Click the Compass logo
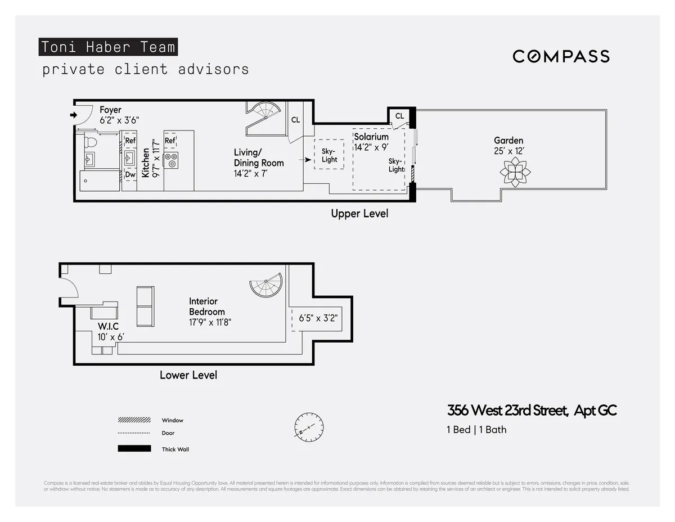point(561,56)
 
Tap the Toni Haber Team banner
point(108,47)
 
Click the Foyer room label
point(111,110)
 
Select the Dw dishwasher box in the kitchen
point(130,175)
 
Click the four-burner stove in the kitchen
point(171,160)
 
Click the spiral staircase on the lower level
point(267,286)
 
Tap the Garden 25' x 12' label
point(508,146)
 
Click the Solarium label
point(371,137)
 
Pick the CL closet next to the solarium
point(399,116)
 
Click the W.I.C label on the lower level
point(108,326)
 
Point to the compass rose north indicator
point(308,426)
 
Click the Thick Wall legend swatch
point(134,449)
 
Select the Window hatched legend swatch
point(134,420)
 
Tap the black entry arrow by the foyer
point(73,115)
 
